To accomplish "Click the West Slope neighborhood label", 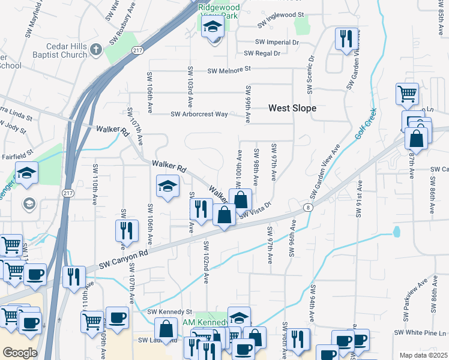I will pyautogui.click(x=292, y=108).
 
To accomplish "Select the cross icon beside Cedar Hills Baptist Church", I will pyautogui.click(x=97, y=48).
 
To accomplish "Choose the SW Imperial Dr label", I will pyautogui.click(x=277, y=42).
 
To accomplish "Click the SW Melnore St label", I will pyautogui.click(x=229, y=70).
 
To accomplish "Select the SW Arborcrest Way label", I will pyautogui.click(x=199, y=114).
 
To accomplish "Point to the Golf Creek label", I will pyautogui.click(x=365, y=124).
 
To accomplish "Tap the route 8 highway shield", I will pyautogui.click(x=308, y=207).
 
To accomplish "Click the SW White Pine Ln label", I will pyautogui.click(x=420, y=333).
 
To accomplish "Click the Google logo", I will pyautogui.click(x=20, y=352).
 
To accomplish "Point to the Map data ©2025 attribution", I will pyautogui.click(x=423, y=355).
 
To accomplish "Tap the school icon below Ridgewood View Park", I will pyautogui.click(x=212, y=27).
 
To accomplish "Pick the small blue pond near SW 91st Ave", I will pyautogui.click(x=396, y=231).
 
